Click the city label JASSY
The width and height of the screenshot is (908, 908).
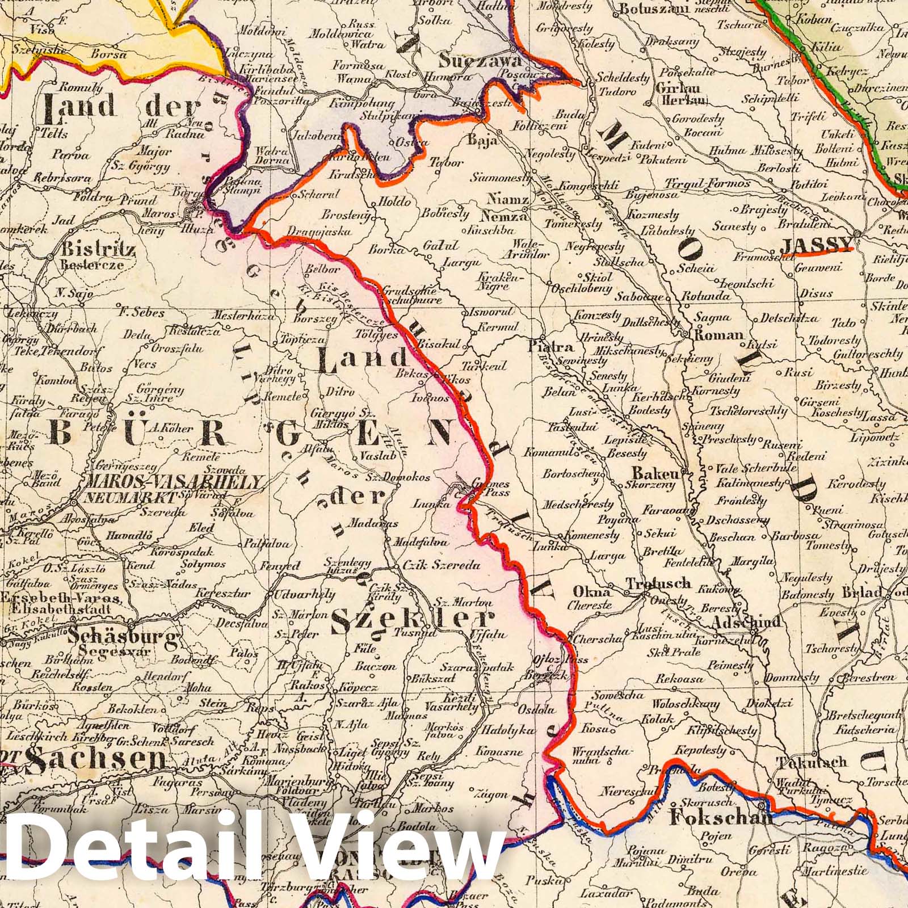pos(815,245)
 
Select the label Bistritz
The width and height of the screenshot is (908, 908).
pos(98,249)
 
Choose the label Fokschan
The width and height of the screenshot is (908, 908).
pos(721,818)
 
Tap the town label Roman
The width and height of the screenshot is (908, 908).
pos(718,335)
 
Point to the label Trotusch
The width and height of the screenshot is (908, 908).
pos(658,583)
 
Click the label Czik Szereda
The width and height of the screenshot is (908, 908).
pos(440,566)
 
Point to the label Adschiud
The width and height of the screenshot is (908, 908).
pos(747,622)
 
